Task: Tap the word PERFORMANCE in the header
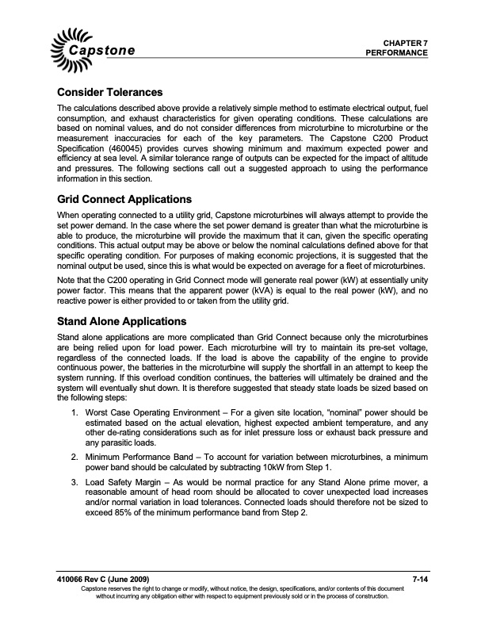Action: coord(397,52)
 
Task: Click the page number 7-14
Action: coord(421,583)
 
